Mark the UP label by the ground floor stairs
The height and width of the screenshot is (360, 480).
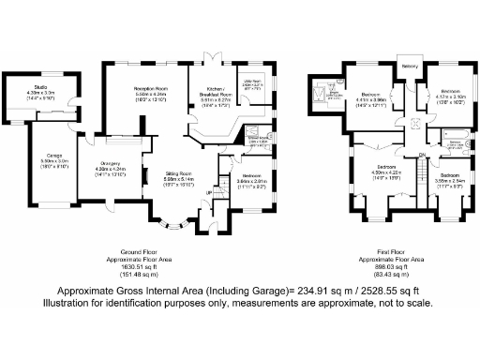coord(208,193)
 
